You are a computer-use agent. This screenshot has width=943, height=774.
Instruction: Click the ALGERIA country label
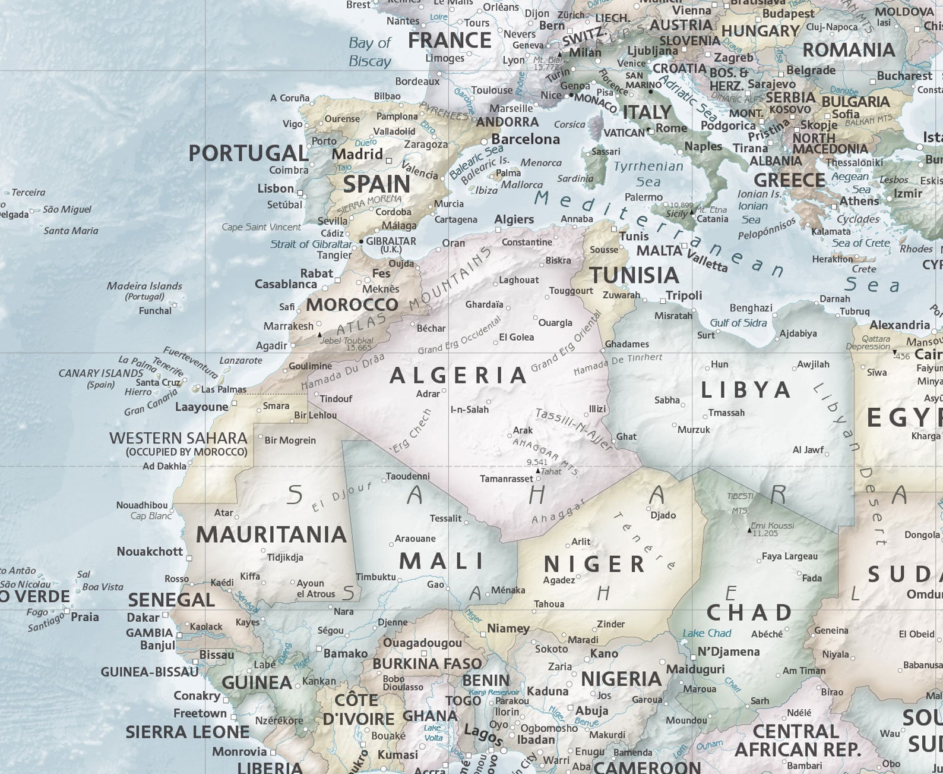tap(458, 376)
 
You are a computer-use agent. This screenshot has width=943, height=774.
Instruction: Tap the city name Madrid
tap(357, 154)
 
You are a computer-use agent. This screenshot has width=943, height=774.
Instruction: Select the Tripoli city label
tap(683, 295)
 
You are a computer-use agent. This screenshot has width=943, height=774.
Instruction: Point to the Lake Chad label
tap(707, 633)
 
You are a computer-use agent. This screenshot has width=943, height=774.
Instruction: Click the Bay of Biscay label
tap(369, 52)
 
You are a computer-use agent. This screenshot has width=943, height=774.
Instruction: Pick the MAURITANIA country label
tap(271, 534)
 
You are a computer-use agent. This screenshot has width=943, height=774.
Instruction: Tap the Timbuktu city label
tap(375, 577)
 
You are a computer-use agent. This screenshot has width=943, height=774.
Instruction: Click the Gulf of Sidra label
tap(738, 323)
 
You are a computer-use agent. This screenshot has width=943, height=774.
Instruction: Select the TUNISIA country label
tap(634, 275)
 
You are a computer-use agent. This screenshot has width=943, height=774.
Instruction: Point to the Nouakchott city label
tap(150, 552)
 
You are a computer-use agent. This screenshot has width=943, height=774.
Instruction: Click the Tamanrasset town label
tap(507, 479)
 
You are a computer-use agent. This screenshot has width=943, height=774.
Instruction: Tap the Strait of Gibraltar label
tap(311, 244)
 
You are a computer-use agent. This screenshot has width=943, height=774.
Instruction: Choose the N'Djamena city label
tap(728, 652)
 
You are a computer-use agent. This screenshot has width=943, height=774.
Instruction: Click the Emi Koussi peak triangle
tap(749, 528)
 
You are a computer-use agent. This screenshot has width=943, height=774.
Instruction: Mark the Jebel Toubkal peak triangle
tap(319, 335)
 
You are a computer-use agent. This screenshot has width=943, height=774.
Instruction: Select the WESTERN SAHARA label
tap(178, 438)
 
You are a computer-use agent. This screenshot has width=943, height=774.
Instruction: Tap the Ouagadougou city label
tap(422, 643)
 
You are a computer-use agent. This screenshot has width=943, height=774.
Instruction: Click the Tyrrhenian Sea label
tap(648, 174)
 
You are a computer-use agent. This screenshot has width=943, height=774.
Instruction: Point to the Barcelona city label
tap(526, 139)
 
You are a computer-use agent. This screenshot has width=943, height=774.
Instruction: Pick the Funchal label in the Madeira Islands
tap(155, 310)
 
